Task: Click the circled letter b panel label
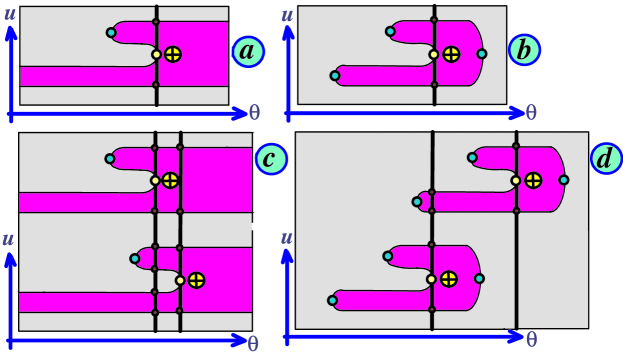point(522,49)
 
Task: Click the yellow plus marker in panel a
point(173,54)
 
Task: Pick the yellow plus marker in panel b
point(452,54)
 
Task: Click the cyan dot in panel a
point(110,33)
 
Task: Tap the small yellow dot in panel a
point(156,54)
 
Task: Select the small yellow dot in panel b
point(434,54)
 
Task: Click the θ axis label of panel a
point(254,113)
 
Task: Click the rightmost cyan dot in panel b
point(482,54)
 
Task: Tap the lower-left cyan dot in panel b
point(335,74)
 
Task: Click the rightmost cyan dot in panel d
point(564,180)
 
